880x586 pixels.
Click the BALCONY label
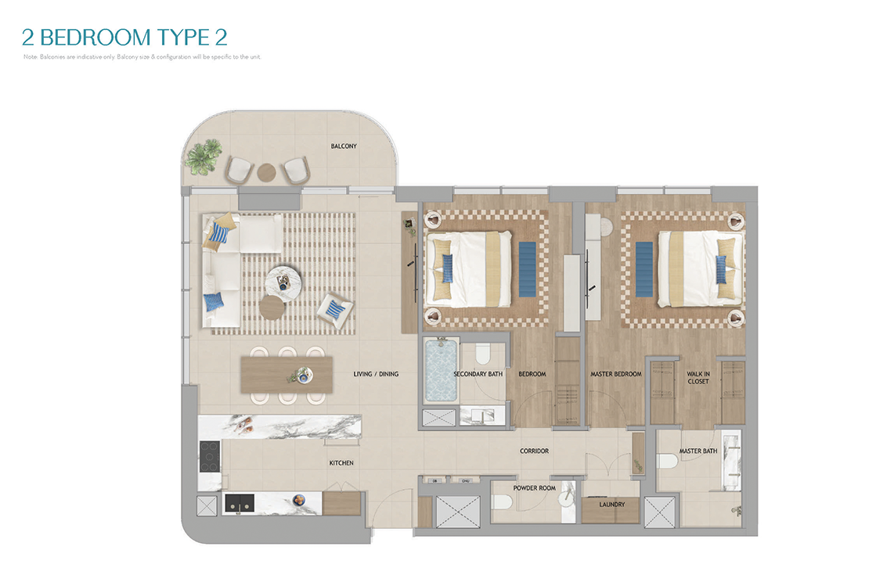(x=344, y=146)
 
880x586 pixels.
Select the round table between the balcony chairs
(x=266, y=172)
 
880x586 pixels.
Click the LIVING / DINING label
(x=376, y=374)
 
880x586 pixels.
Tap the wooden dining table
(x=287, y=375)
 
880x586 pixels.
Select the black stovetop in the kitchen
(x=209, y=456)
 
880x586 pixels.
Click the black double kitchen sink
(x=240, y=503)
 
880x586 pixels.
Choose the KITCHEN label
(x=341, y=463)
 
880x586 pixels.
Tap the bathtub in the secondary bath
(x=441, y=370)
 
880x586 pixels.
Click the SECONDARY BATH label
(x=478, y=374)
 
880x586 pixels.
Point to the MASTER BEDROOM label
(x=615, y=374)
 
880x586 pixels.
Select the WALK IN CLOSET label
(x=698, y=377)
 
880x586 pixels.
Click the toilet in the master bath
(x=667, y=462)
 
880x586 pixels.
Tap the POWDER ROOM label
(x=534, y=488)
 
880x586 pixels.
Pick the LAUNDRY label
(x=611, y=504)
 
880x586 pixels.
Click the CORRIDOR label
(x=534, y=451)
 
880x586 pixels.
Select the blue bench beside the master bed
(x=644, y=269)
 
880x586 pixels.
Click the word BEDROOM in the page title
(x=96, y=38)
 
